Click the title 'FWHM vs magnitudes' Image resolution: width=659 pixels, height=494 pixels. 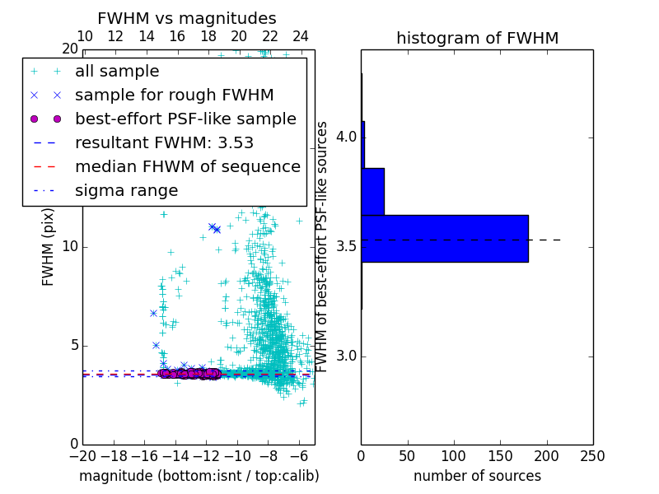(x=187, y=19)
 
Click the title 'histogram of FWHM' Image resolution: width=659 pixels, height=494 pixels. (x=477, y=38)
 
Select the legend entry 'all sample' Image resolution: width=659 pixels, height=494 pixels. (x=117, y=72)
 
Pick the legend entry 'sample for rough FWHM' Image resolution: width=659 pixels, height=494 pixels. (x=174, y=96)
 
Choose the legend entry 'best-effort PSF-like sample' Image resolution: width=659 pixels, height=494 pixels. (x=185, y=119)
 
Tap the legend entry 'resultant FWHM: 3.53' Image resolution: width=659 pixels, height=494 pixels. (x=164, y=143)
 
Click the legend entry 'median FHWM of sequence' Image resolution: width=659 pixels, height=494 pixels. (x=187, y=167)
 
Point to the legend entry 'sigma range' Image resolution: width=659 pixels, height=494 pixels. (x=126, y=191)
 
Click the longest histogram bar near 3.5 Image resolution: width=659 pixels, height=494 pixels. (x=445, y=239)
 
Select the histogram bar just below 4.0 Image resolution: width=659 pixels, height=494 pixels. (x=373, y=191)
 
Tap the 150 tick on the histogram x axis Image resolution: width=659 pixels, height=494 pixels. (x=500, y=455)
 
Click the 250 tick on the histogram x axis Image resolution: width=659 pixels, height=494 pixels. (x=592, y=455)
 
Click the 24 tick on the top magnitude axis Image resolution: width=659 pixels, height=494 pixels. (x=301, y=36)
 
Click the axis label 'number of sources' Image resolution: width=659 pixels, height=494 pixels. (x=477, y=476)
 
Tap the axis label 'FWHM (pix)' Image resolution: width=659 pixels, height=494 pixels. (x=49, y=247)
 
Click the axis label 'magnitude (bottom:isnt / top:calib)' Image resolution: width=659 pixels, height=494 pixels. (x=199, y=476)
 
